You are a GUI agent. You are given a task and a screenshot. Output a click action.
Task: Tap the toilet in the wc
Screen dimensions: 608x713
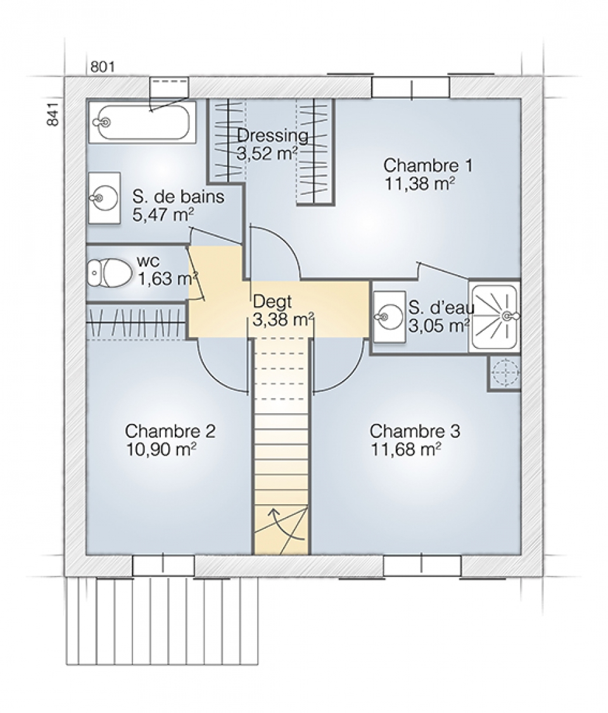pos(110,273)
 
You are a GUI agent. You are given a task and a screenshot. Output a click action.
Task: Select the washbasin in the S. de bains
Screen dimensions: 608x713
pos(104,198)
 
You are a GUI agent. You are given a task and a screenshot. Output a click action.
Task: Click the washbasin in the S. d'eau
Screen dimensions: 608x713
pos(389,316)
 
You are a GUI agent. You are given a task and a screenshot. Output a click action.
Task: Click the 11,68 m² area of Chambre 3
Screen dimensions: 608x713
pos(406,450)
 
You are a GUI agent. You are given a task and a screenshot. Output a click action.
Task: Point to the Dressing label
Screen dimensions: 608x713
pos(272,135)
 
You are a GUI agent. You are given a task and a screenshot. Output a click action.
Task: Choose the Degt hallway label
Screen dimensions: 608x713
pos(272,302)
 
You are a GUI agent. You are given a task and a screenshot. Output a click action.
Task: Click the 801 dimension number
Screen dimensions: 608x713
pos(103,67)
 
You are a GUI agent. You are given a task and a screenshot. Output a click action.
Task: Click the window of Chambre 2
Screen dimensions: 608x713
pos(164,565)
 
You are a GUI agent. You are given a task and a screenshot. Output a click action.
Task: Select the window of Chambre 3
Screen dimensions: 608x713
pos(422,565)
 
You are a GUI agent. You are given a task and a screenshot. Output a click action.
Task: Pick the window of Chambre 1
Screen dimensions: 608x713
pos(411,87)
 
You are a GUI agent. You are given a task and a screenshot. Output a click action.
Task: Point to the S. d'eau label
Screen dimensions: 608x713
pos(441,307)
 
